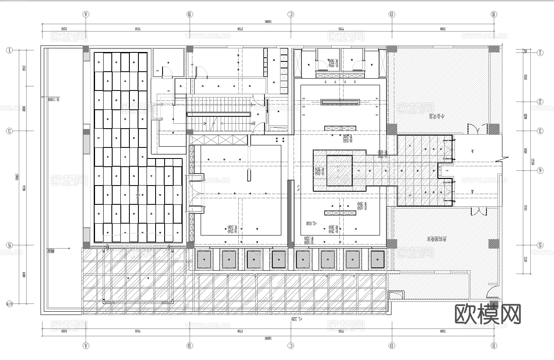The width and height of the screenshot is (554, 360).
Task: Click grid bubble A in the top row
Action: click(x=86, y=14)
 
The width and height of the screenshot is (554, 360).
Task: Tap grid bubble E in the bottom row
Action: click(x=494, y=346)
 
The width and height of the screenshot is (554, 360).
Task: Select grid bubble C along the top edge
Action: click(x=291, y=14)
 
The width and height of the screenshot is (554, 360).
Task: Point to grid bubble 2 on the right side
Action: click(x=540, y=102)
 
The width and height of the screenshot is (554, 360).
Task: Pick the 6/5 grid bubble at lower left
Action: click(x=9, y=304)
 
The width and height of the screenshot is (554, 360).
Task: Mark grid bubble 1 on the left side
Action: click(x=9, y=50)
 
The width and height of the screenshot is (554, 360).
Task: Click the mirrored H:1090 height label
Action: click(x=54, y=99)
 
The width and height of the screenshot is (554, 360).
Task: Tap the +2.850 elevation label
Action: click(x=312, y=223)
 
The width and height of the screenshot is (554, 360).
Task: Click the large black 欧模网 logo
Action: click(x=488, y=314)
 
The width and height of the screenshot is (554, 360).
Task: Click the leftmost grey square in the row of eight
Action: click(x=204, y=259)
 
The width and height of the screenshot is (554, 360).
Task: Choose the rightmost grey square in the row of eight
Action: click(x=378, y=259)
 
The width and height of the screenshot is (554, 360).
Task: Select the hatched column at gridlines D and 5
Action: click(x=392, y=244)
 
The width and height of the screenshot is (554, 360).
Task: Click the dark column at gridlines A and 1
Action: click(x=86, y=49)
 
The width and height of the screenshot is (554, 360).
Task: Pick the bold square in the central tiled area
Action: click(x=339, y=170)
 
